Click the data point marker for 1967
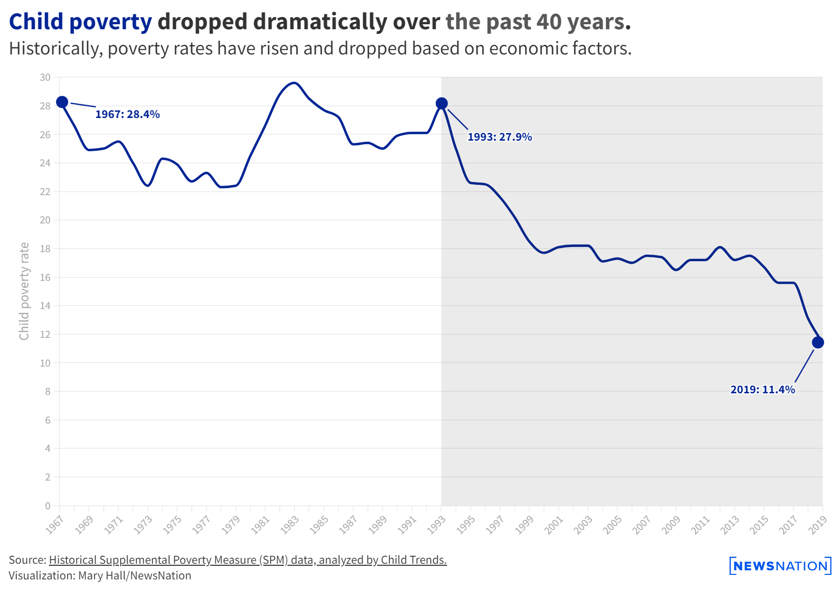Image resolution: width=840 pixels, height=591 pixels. tap(62, 102)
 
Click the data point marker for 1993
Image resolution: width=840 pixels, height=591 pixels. tap(442, 104)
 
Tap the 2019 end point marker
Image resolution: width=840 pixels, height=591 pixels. tap(818, 343)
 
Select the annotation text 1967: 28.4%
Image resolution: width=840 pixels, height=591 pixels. tap(128, 114)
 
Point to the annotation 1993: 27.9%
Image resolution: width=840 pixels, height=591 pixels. tap(500, 137)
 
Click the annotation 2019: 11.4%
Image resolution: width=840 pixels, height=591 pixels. tap(762, 390)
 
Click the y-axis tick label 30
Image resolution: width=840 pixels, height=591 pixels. tap(45, 78)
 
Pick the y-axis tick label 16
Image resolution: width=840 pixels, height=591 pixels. tap(45, 277)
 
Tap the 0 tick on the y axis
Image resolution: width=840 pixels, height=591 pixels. tap(48, 506)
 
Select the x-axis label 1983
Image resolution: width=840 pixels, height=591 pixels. tap(290, 525)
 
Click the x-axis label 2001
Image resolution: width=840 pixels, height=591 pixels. tap(554, 525)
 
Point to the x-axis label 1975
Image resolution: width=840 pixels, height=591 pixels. tap(172, 525)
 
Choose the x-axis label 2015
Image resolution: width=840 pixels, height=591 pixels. tap(759, 525)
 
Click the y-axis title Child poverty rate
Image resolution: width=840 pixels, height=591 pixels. tap(24, 291)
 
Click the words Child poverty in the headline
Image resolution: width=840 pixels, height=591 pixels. tap(80, 22)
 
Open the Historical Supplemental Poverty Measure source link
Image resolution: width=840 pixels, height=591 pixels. tap(248, 560)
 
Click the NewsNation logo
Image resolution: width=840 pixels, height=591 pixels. tap(780, 566)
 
